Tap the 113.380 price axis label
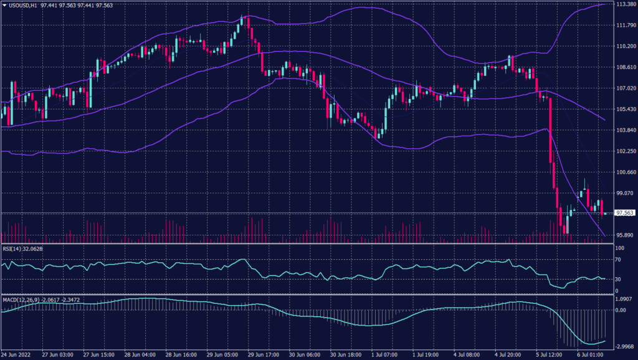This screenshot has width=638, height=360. click(625, 4)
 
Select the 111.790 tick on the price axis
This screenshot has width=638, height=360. click(625, 26)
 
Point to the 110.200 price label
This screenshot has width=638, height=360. click(625, 46)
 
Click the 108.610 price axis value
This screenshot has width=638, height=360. click(625, 67)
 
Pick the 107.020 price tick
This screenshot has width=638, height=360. click(625, 88)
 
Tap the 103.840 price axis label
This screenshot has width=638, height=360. click(625, 130)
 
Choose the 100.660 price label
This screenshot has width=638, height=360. click(625, 172)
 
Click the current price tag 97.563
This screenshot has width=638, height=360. click(624, 213)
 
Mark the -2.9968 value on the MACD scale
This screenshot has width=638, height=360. click(624, 347)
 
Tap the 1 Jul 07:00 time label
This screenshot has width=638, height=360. click(384, 354)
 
